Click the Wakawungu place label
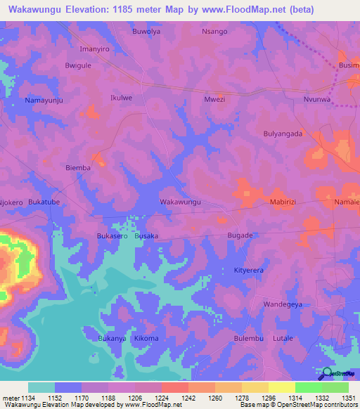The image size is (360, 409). [181, 202]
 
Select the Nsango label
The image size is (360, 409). [214, 32]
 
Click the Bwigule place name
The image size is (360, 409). [78, 65]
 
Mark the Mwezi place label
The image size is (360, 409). [214, 100]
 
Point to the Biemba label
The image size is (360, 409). [78, 168]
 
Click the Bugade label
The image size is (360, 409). [240, 235]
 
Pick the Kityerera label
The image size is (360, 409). [252, 270]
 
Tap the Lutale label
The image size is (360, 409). [283, 338]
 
